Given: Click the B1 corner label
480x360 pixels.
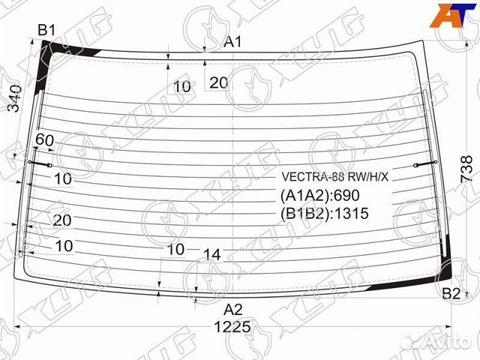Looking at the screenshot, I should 47,30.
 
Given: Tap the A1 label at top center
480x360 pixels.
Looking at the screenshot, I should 233,42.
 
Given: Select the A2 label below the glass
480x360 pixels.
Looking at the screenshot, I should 233,308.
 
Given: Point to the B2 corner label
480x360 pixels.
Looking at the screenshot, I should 451,292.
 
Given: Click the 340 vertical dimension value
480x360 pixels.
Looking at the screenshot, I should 16,99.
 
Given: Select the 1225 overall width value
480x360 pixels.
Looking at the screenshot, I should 232,328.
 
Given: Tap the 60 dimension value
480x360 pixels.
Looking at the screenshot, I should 44,140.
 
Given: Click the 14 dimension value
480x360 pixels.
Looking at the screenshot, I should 212,255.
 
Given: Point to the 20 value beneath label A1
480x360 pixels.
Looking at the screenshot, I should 218,83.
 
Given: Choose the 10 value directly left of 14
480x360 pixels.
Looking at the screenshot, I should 176,249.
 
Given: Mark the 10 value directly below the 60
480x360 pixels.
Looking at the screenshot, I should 63,178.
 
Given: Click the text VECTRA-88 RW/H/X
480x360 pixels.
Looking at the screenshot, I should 335,178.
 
